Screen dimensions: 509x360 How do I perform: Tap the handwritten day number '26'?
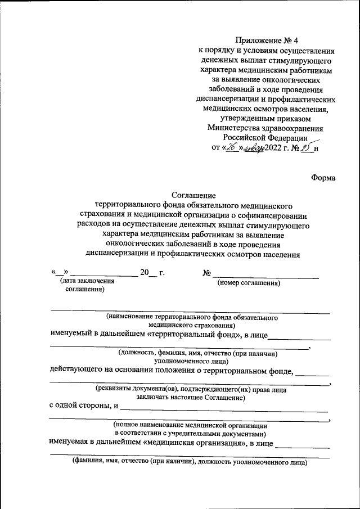231,148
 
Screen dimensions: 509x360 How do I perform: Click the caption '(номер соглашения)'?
249,283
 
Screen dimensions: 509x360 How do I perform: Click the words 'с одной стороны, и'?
83,406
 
